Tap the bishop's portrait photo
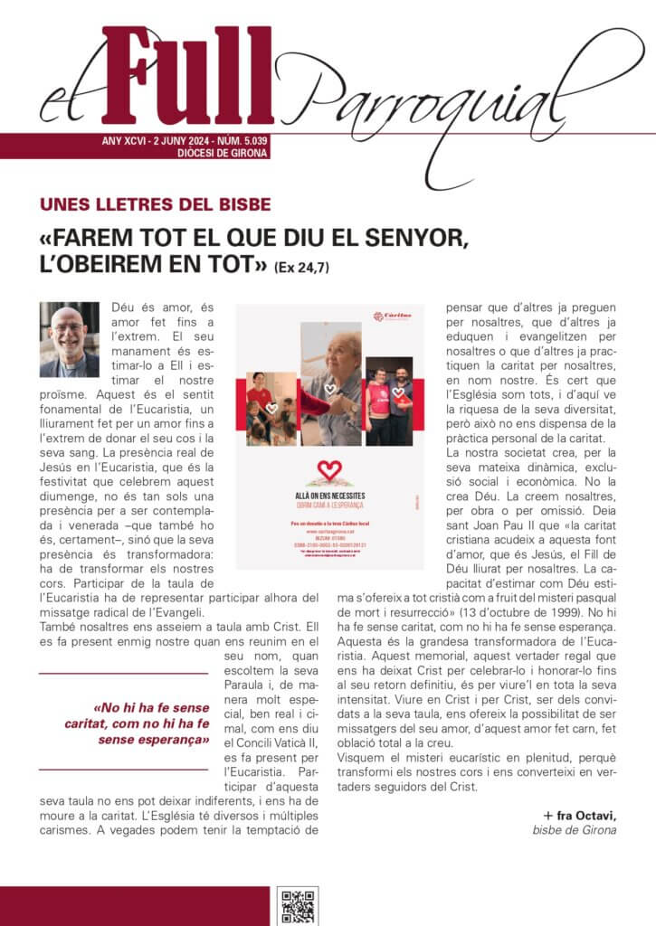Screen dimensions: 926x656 pos(70,339)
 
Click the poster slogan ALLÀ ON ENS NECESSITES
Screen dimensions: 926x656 pos(329,496)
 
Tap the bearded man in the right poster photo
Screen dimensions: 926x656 pos(401,380)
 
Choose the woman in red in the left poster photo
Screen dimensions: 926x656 pos(258,389)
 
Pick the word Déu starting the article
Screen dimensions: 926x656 pos(123,309)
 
